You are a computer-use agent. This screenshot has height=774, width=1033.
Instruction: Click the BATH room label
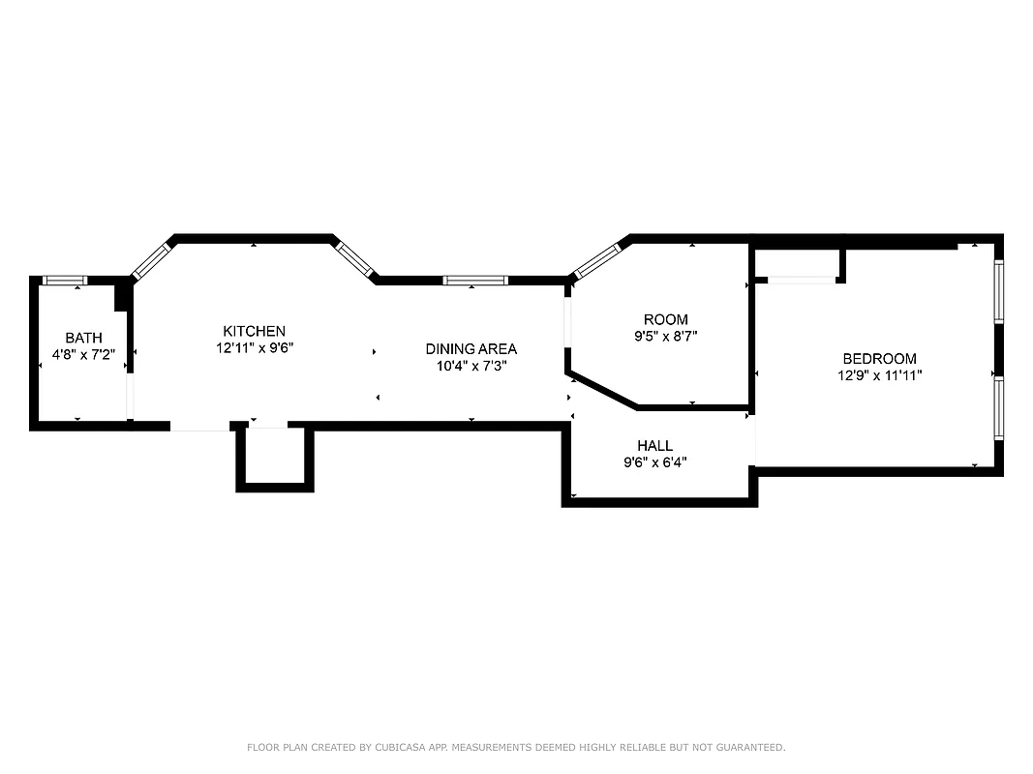tap(83, 338)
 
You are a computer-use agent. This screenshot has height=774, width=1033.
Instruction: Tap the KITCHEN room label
tap(254, 331)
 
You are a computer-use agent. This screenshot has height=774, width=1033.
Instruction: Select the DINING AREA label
tap(471, 348)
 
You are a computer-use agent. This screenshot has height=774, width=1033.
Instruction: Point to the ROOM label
tap(665, 319)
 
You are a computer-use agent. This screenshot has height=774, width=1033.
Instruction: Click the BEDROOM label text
tap(879, 358)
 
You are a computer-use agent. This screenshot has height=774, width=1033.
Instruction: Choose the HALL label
tap(654, 445)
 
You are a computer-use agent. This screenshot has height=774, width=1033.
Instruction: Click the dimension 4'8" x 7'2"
tap(83, 355)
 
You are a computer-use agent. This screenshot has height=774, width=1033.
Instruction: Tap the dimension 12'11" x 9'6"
tap(254, 347)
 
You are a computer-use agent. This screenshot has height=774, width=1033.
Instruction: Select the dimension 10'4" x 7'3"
tap(471, 366)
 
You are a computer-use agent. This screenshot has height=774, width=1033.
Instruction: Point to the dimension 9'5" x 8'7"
tap(665, 337)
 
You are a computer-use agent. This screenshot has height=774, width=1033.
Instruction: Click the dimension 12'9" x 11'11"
tap(879, 375)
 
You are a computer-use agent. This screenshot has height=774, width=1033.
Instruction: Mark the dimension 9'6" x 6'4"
tap(654, 462)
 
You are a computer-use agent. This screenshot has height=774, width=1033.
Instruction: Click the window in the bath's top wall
tap(66, 281)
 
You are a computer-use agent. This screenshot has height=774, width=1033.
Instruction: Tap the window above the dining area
tap(474, 281)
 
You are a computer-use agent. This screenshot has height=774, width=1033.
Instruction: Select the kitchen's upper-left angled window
tap(150, 259)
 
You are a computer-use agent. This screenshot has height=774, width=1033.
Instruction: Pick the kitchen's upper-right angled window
tap(355, 258)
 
